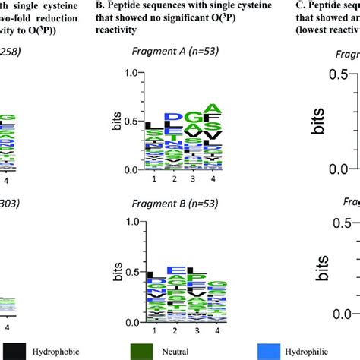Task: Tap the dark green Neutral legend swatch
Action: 165,351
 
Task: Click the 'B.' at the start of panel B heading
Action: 118,4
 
